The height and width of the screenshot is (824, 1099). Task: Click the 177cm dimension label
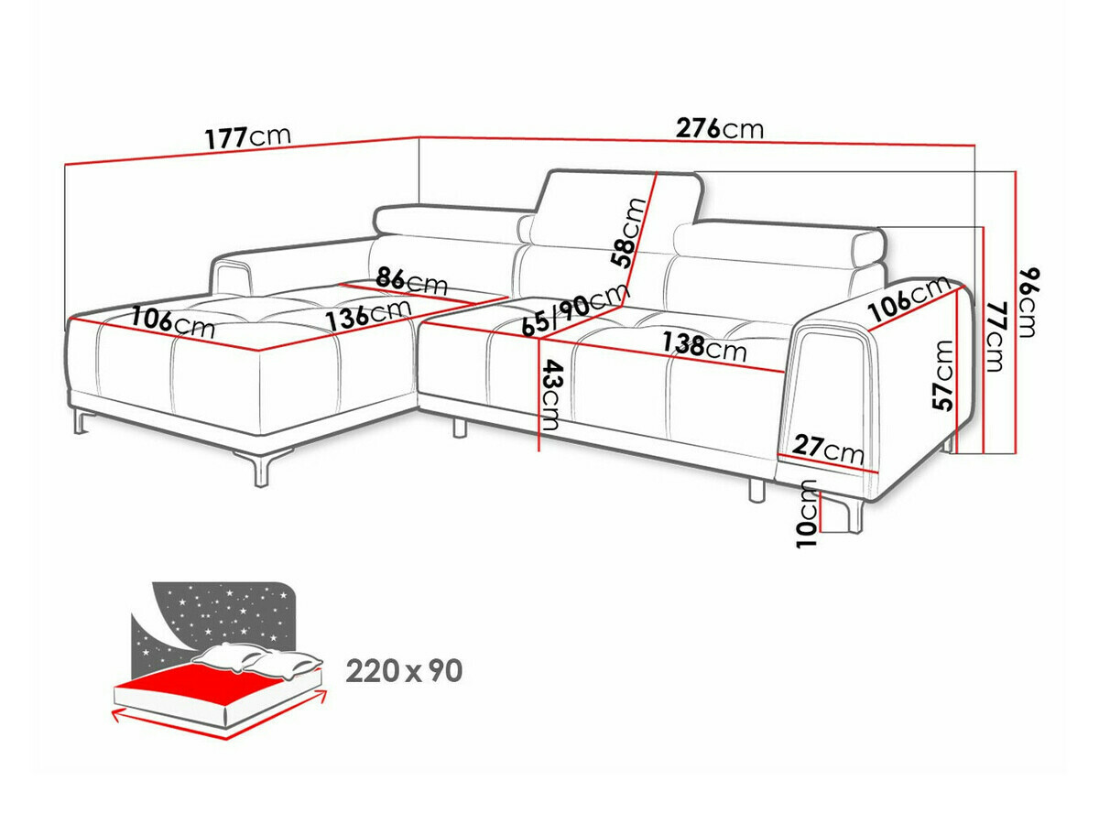click(247, 137)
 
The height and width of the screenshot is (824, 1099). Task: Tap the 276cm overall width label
click(720, 128)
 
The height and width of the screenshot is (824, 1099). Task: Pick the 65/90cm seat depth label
click(574, 312)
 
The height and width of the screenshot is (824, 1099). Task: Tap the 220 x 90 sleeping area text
click(404, 671)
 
